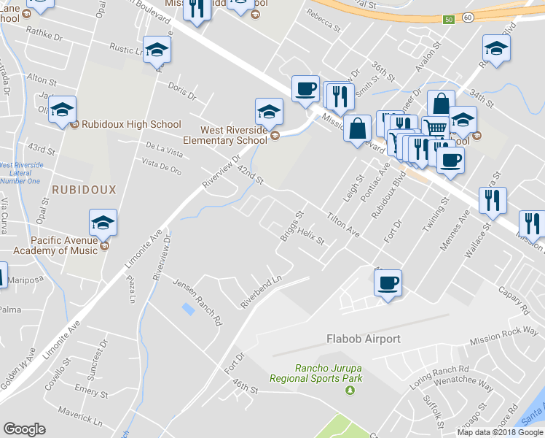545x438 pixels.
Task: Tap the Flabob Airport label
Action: [x=362, y=339]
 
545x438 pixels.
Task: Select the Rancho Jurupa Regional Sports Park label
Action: [x=316, y=373]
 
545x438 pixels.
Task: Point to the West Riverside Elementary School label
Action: [x=225, y=135]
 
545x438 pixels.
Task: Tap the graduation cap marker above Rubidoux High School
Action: [x=63, y=110]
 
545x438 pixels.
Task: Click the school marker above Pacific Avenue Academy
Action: [x=103, y=223]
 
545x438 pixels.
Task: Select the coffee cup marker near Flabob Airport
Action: [x=388, y=282]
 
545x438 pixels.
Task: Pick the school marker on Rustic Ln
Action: [x=157, y=50]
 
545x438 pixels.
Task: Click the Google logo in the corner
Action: [x=25, y=429]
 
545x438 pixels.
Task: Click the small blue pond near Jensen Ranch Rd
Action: [x=189, y=309]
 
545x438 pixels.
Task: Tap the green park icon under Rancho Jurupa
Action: [x=350, y=391]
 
